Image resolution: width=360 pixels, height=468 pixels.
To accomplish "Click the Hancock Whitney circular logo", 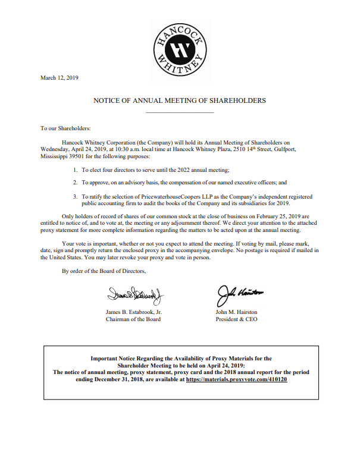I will pos(180,50).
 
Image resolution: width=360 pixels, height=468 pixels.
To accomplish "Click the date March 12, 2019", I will pos(59,77).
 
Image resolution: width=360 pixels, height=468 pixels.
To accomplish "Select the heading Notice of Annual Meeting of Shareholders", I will pos(179,100).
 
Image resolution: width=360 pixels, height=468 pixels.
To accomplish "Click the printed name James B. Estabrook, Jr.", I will pos(134,312).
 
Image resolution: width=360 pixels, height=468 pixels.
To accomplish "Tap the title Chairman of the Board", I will pos(133,319).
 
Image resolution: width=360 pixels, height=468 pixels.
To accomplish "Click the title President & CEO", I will pos(235,319).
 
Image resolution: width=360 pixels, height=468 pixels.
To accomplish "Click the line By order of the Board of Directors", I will pos(104,271).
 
